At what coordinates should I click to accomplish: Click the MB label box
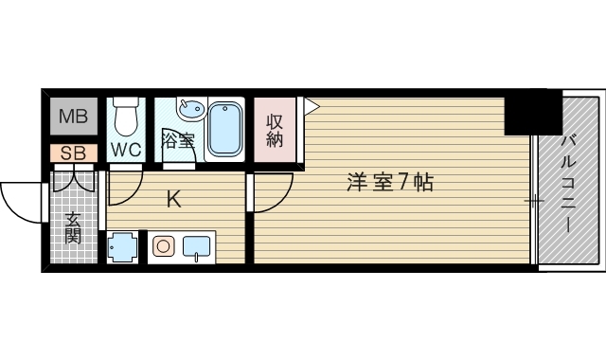click(73, 117)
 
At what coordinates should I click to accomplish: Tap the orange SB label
click(73, 153)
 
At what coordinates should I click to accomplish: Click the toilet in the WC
click(126, 118)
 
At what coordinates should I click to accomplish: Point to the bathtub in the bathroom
click(225, 126)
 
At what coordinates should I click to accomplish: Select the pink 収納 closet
click(275, 130)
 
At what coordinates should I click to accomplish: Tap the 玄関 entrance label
click(73, 227)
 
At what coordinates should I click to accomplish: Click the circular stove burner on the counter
click(163, 247)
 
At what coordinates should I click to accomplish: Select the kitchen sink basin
click(195, 247)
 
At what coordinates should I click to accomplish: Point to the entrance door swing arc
click(21, 201)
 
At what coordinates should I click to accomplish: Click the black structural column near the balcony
click(531, 116)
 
